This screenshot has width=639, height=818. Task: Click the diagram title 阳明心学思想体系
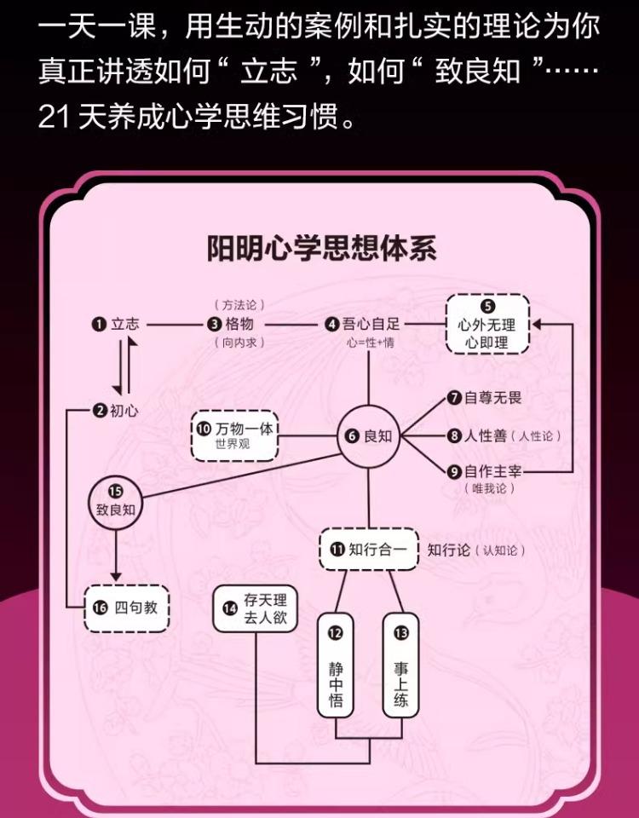tap(322, 249)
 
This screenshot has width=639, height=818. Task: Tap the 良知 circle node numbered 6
tap(369, 435)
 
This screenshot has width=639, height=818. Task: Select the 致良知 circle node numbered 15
tap(116, 501)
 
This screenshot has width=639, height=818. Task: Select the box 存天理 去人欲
tap(256, 608)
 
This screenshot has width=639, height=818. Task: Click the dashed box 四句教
tap(127, 608)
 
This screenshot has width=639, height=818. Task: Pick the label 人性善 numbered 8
tap(486, 435)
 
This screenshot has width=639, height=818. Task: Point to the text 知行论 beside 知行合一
tap(449, 550)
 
